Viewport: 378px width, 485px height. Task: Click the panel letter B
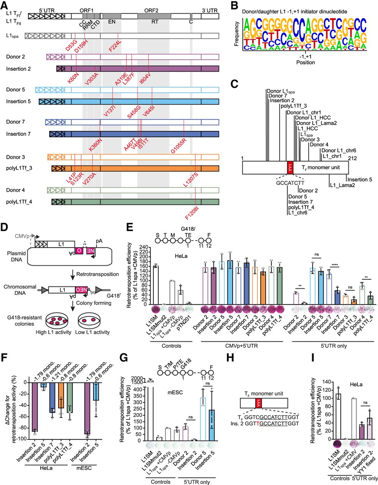coord(233,5)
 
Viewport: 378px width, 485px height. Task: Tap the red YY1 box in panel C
coord(290,167)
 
